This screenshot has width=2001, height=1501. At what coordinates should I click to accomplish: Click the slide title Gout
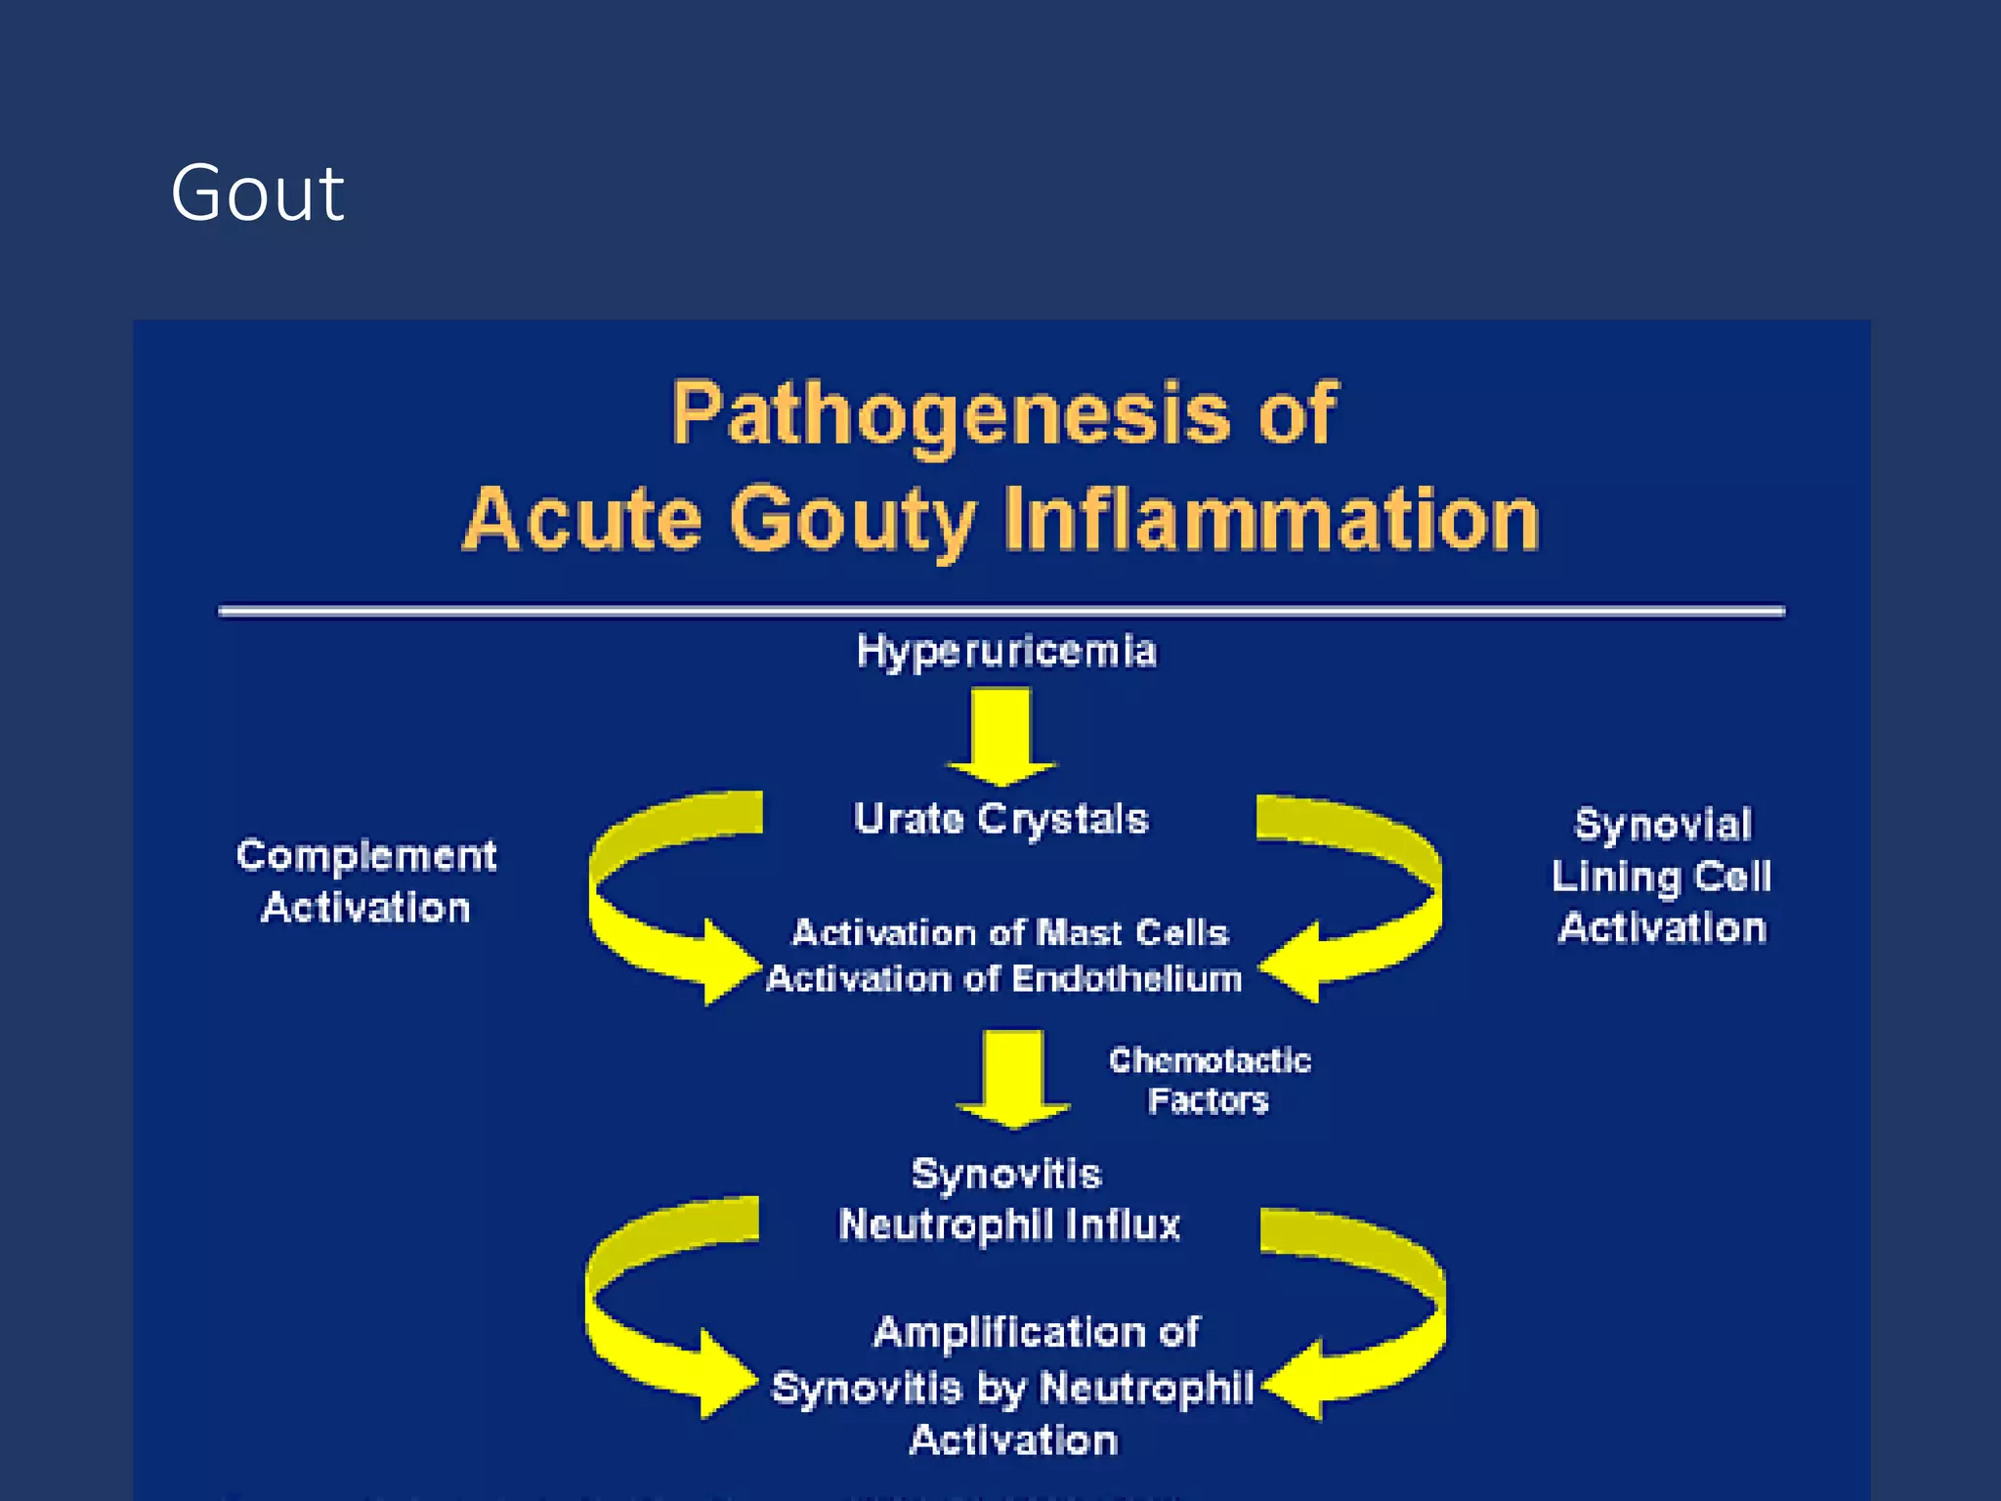tap(257, 193)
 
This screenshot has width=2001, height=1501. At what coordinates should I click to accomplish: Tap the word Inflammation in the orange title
tap(1270, 520)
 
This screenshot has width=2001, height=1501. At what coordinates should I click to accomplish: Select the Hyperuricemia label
tap(1006, 651)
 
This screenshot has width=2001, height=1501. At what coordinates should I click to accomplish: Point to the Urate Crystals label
tap(1000, 819)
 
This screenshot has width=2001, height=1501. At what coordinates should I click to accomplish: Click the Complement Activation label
tap(366, 881)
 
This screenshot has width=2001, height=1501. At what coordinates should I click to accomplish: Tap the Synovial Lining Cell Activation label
tap(1662, 876)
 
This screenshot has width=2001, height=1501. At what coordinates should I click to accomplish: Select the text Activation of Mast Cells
tap(1009, 932)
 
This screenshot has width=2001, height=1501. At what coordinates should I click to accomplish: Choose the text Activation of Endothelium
tap(1003, 979)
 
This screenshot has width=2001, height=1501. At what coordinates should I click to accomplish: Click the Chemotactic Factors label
tap(1209, 1081)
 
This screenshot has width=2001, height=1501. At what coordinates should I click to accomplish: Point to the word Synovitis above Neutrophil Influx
tap(1006, 1174)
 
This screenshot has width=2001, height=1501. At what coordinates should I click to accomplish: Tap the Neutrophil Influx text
tap(1009, 1224)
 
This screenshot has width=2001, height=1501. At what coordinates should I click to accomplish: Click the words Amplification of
tap(1036, 1332)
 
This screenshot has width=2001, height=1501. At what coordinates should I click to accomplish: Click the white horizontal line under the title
tap(1000, 612)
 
